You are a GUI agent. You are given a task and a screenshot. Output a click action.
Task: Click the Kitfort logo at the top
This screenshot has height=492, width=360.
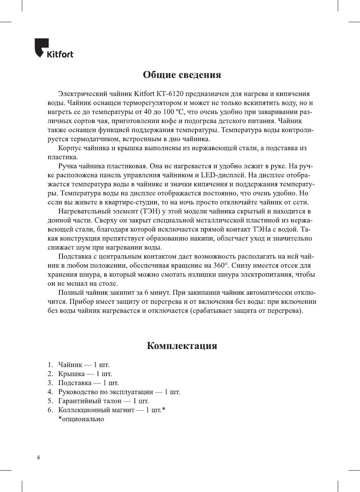54,49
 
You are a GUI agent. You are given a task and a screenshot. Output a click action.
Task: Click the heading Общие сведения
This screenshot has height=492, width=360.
182,75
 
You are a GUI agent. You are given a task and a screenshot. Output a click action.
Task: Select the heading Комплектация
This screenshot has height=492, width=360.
182,346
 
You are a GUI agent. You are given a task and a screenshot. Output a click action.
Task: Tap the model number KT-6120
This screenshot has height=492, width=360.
170,94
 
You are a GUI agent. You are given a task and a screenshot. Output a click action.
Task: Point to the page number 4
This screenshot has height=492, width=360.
38,457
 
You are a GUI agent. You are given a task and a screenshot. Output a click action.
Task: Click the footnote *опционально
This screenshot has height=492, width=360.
81,419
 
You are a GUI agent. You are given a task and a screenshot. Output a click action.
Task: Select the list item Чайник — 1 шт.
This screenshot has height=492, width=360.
84,365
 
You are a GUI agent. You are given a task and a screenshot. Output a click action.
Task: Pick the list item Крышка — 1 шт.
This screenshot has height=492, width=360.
85,374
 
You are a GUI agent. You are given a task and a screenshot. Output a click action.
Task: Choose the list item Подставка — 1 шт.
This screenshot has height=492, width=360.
88,383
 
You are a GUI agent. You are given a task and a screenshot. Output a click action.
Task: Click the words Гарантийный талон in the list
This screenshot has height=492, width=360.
90,401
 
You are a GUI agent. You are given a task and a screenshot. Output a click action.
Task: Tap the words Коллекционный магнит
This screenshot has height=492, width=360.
96,410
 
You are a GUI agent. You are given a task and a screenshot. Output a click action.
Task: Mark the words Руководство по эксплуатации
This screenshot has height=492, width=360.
105,392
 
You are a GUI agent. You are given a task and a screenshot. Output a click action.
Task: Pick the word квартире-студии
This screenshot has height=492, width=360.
126,202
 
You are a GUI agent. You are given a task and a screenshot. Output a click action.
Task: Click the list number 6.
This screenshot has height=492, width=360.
50,410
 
